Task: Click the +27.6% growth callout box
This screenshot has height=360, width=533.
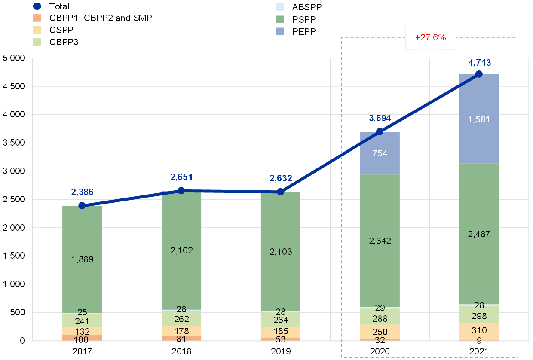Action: pyautogui.click(x=430, y=37)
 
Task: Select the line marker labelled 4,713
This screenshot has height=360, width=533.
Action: pyautogui.click(x=479, y=74)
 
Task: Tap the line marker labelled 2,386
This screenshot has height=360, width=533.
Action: pyautogui.click(x=82, y=205)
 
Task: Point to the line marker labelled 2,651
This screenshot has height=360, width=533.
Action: pyautogui.click(x=181, y=190)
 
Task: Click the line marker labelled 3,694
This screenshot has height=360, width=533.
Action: pyautogui.click(x=380, y=131)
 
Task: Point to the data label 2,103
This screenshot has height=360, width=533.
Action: pyautogui.click(x=280, y=252)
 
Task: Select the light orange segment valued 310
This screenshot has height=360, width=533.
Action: pyautogui.click(x=479, y=331)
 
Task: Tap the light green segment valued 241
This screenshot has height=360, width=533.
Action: pyautogui.click(x=82, y=320)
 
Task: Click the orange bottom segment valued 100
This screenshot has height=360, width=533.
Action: pyautogui.click(x=82, y=338)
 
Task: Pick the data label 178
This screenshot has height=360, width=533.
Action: pyautogui.click(x=181, y=331)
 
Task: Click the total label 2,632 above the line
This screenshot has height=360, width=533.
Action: pyautogui.click(x=280, y=178)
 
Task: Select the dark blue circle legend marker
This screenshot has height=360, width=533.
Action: pyautogui.click(x=37, y=6)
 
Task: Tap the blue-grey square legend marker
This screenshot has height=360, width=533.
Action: pyautogui.click(x=280, y=31)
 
